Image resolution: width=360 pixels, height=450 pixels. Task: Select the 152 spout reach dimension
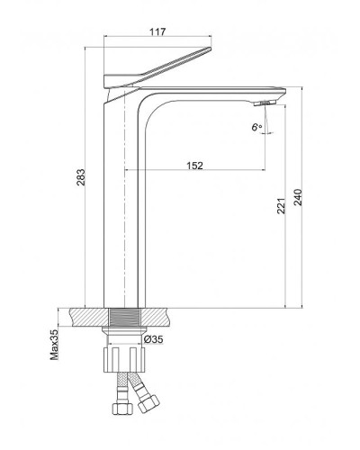(194, 165)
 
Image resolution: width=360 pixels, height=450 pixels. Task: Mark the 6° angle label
(256, 127)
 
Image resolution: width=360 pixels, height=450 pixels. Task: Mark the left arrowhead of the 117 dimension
(109, 41)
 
